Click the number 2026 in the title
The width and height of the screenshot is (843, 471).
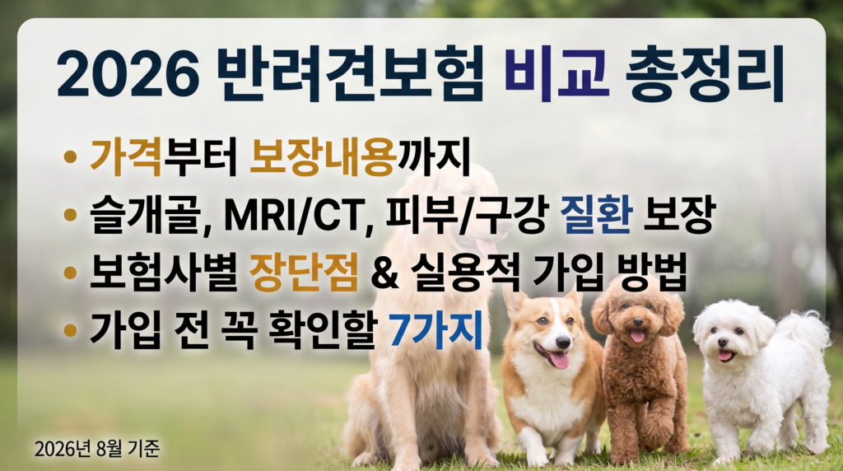pos(128,74)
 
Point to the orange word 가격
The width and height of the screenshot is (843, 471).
pos(126,156)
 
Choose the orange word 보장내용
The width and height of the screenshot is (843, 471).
pos(323,156)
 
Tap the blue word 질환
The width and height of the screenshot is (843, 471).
pos(596,214)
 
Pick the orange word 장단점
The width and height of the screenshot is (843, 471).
pos(304,272)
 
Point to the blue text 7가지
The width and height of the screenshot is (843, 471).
pos(435,329)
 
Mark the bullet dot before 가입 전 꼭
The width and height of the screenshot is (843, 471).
pos(70,329)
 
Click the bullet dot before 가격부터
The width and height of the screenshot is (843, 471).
pos(70,156)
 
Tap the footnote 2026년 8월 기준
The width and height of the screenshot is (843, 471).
pos(97,449)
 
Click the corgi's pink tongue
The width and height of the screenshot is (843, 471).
pos(559,360)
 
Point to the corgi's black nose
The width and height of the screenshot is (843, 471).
pos(563,343)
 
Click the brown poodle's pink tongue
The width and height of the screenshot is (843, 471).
pos(638,337)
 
